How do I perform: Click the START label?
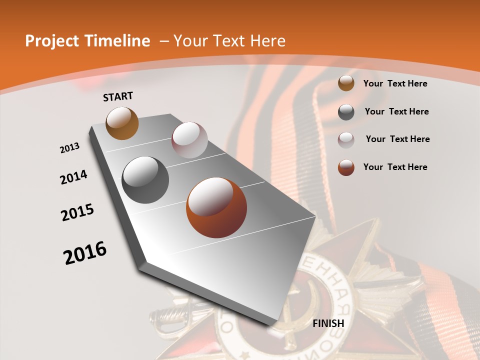click(x=118, y=96)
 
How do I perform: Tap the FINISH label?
click(x=328, y=323)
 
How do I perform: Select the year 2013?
click(x=70, y=148)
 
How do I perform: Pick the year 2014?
click(x=73, y=177)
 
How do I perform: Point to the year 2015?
click(x=77, y=212)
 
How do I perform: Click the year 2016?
click(x=85, y=253)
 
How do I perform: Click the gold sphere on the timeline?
click(x=122, y=123)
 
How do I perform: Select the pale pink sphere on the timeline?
click(x=189, y=140)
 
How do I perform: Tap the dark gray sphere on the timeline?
click(x=145, y=180)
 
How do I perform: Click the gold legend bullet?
click(x=346, y=83)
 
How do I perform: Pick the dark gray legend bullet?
click(x=346, y=112)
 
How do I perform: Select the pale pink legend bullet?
click(x=346, y=139)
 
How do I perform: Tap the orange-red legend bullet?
click(x=346, y=167)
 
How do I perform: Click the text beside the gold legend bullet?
click(x=395, y=83)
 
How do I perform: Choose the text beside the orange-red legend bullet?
click(x=395, y=167)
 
